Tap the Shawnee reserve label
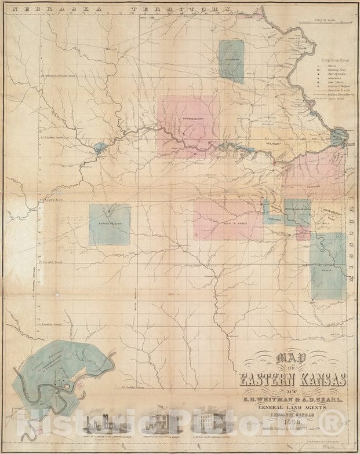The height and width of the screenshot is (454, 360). [314, 187]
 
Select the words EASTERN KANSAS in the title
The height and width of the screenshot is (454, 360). [293, 379]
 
